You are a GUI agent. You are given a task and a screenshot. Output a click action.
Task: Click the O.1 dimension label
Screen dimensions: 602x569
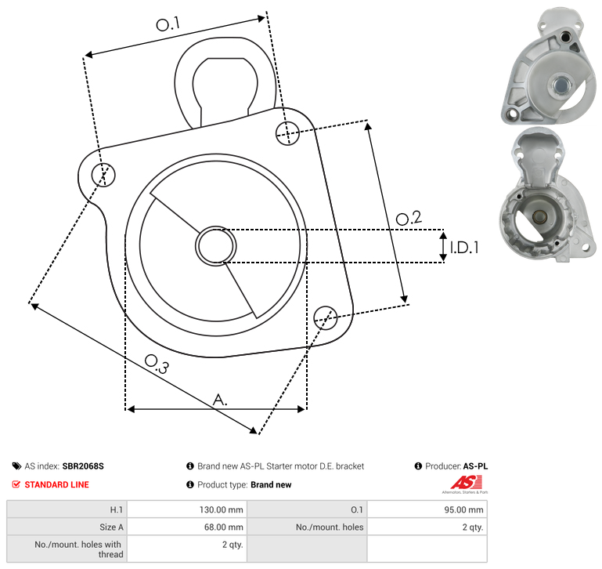point(168,24)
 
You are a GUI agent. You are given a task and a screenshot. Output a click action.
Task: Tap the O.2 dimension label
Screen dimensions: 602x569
point(409,218)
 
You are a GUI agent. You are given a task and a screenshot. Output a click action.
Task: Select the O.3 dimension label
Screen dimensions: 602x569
point(157,364)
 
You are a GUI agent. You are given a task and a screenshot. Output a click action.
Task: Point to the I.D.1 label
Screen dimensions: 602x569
point(464,248)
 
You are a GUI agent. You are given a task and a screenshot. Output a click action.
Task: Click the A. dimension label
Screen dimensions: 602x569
point(220,400)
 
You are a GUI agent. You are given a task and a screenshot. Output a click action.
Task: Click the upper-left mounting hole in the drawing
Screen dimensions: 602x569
point(103,175)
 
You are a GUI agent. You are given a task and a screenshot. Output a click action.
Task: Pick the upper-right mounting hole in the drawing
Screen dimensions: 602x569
point(287,133)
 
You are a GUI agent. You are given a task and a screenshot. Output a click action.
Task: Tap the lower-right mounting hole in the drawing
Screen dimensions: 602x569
point(326,317)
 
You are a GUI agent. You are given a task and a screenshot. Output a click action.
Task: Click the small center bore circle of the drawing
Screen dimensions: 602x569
point(216,246)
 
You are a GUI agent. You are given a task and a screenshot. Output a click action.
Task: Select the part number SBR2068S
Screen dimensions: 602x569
point(83,466)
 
